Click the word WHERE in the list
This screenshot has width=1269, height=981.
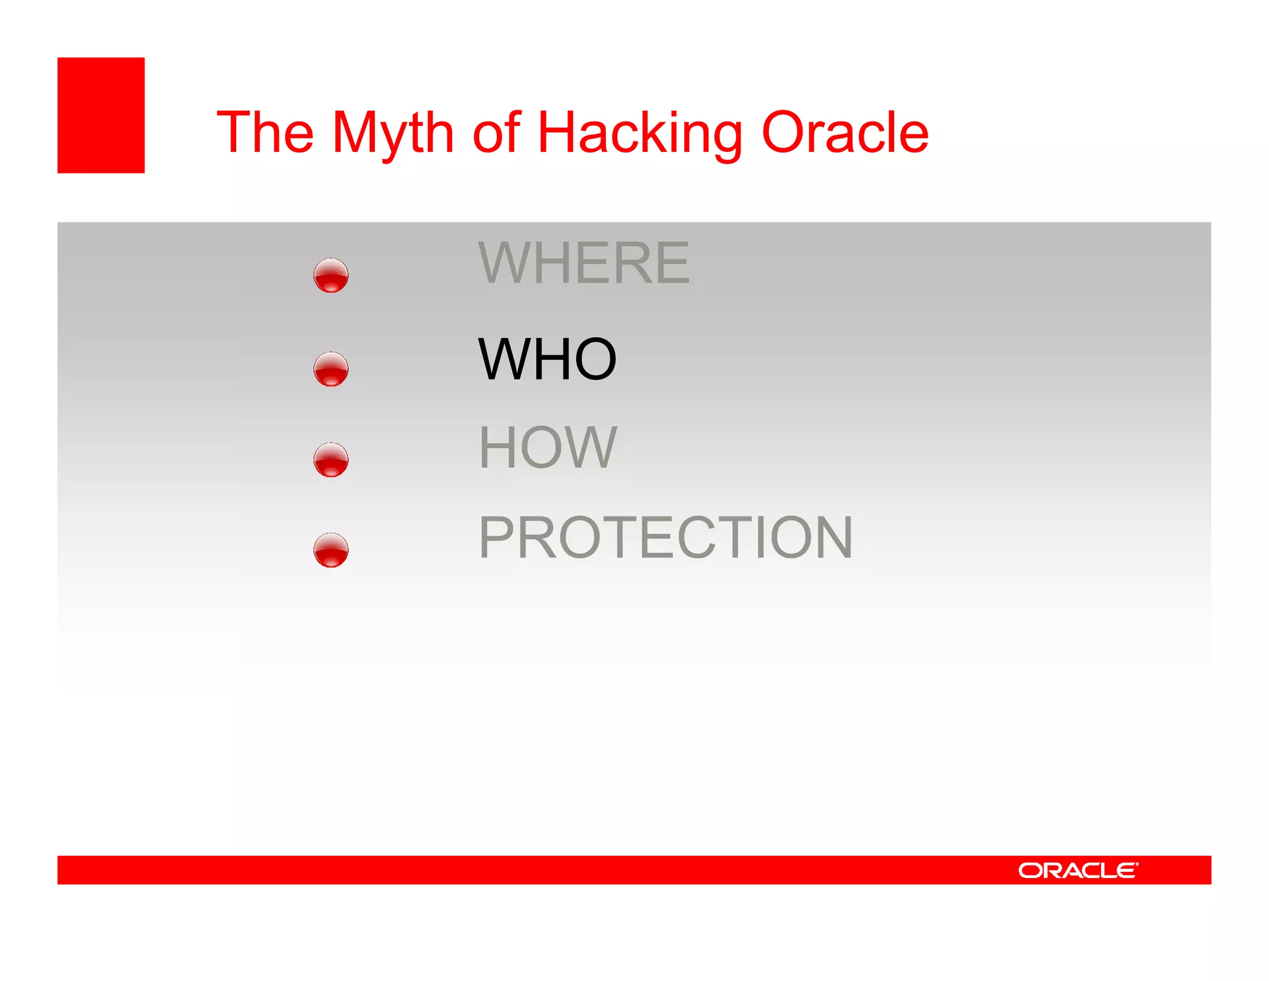point(583,263)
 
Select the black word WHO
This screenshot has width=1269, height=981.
point(547,359)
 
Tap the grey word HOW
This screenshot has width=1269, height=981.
point(548,447)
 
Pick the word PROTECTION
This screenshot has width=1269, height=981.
point(665,537)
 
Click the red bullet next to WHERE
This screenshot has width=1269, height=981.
point(331,275)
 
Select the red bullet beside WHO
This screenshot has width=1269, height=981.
point(331,370)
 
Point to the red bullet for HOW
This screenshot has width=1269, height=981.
point(331,460)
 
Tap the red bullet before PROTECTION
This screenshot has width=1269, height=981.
point(331,550)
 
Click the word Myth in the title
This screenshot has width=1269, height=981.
point(393,133)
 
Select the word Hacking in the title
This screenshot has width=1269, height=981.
point(639,133)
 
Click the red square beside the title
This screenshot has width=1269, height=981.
point(101,115)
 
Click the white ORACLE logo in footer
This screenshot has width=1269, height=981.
point(1078,870)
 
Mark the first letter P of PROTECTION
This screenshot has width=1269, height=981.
point(497,537)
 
